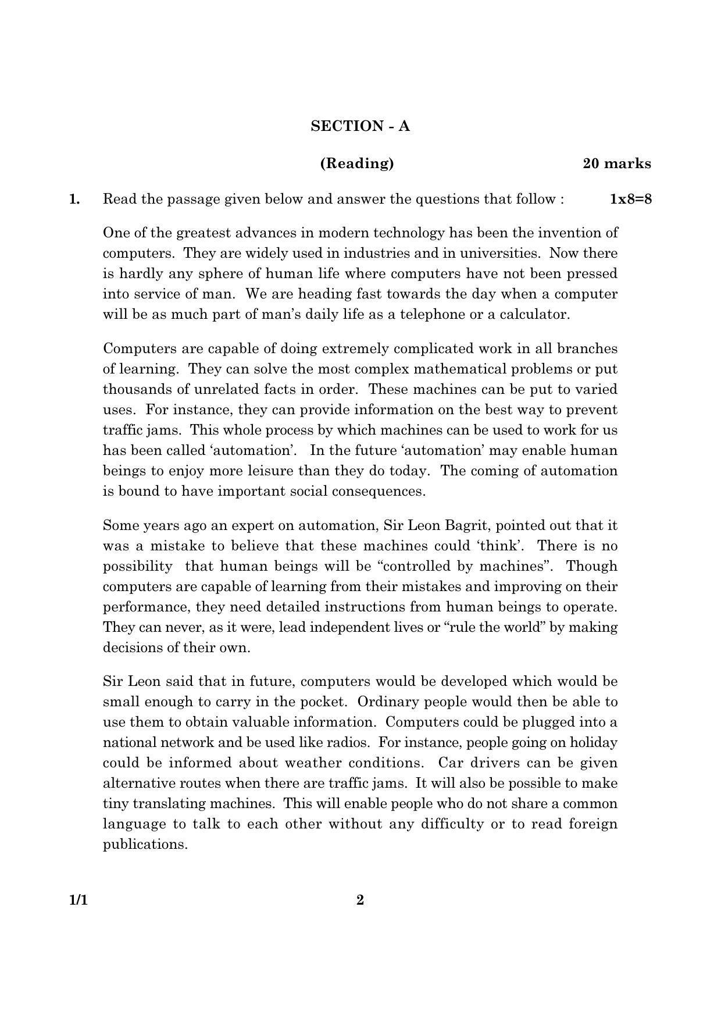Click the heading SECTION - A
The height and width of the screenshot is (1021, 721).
point(360,126)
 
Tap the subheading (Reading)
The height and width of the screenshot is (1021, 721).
point(357,163)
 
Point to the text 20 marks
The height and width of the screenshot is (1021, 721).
point(616,163)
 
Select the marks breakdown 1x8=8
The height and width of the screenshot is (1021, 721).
point(630,199)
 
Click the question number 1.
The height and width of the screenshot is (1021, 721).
point(74,199)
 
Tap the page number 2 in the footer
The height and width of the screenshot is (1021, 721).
point(360,900)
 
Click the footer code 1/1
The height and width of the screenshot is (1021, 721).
point(78,900)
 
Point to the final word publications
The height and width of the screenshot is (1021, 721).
point(145,844)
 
